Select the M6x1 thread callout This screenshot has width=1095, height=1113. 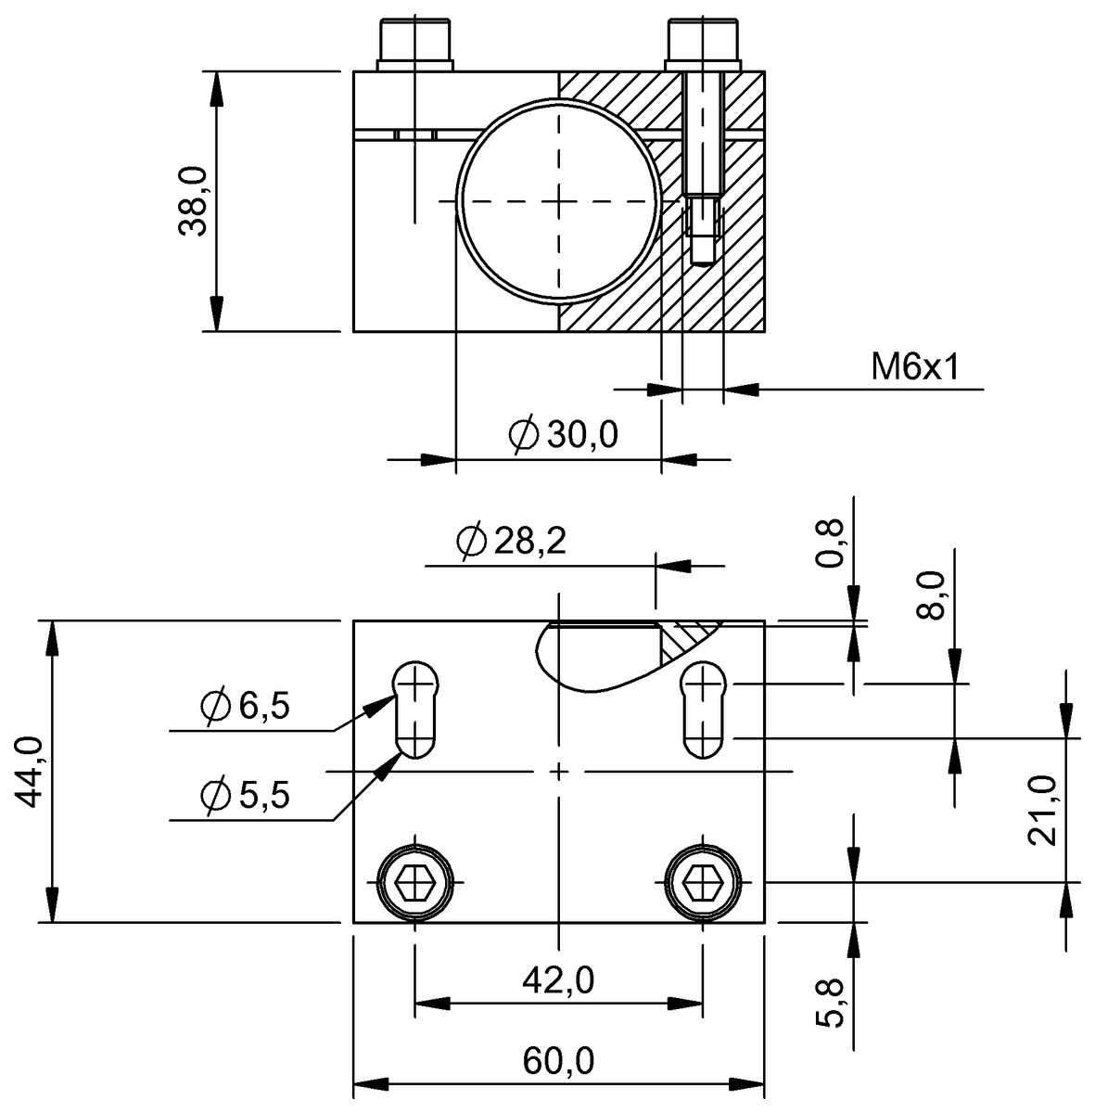click(913, 368)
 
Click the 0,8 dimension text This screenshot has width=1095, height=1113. click(832, 544)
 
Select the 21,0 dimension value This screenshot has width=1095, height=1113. click(1043, 810)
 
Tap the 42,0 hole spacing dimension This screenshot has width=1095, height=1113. click(558, 979)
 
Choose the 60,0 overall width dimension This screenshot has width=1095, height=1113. click(558, 1061)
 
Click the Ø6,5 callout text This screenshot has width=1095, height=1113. click(245, 708)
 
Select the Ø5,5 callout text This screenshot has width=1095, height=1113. click(245, 795)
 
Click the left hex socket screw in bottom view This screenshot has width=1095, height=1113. click(414, 881)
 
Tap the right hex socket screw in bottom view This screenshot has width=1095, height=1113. click(703, 881)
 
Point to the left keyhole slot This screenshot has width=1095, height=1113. click(415, 710)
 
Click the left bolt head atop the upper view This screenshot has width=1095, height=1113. click(414, 43)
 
